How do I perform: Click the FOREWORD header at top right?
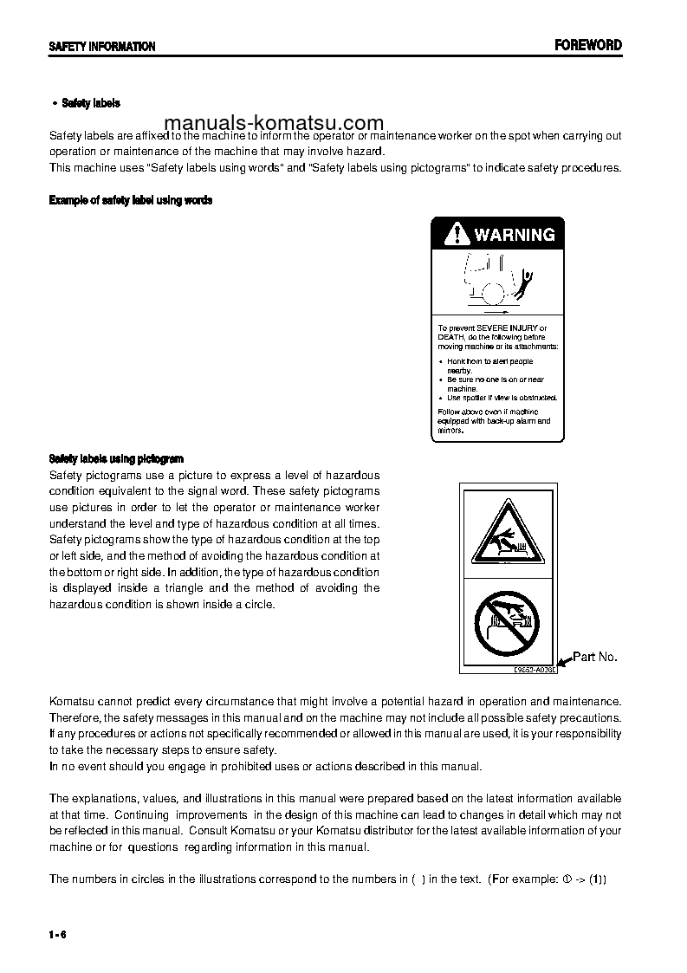click(588, 46)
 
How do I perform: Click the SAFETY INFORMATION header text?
click(101, 47)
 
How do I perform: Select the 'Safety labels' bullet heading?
click(90, 103)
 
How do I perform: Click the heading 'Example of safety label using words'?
click(131, 200)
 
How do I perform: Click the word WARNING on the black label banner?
click(514, 235)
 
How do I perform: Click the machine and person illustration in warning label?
click(497, 282)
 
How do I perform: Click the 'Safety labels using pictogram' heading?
click(116, 458)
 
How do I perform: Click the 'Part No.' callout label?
click(595, 657)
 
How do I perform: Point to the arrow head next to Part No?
click(561, 663)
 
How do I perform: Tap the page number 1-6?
click(58, 933)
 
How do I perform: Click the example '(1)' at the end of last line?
click(598, 879)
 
